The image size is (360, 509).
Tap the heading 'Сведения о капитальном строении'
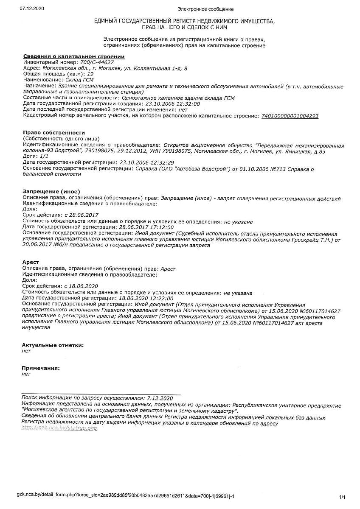click(73, 56)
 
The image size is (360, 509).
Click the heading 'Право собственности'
click(54, 133)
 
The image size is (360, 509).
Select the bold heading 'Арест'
click(31, 263)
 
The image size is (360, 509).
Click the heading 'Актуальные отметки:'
click(53, 345)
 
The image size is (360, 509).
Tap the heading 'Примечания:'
click(41, 368)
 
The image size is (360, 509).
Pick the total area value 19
click(90, 74)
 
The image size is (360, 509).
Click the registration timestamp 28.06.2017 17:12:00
click(146, 227)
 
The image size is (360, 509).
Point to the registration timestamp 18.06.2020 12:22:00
click(146, 299)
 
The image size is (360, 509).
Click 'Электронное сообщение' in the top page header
click(205, 9)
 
